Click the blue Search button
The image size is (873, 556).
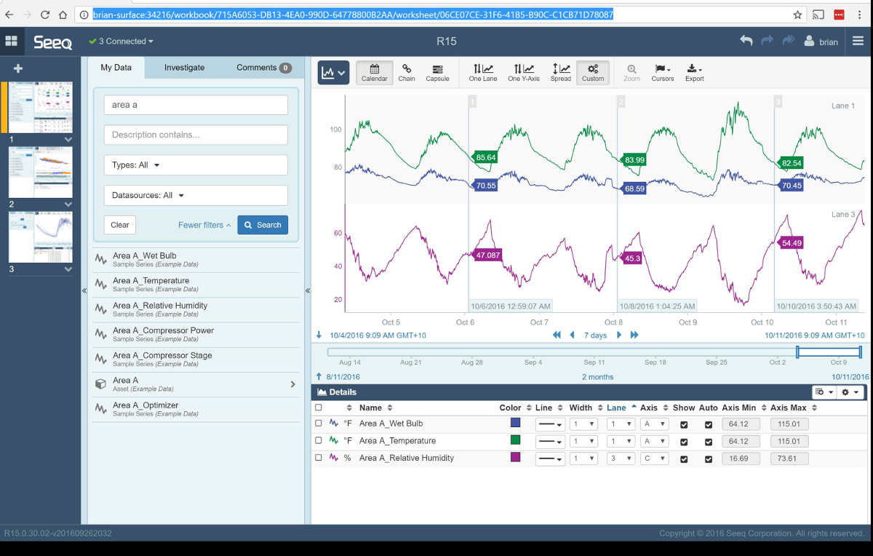263,225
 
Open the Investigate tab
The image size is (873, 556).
184,68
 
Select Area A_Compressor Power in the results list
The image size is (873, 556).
163,330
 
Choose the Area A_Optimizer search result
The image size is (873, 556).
145,405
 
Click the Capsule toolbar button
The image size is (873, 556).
437,73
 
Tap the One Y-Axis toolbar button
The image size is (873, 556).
524,73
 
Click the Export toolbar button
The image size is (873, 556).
695,73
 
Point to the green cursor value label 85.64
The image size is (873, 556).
485,157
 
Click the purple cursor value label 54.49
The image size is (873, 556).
791,243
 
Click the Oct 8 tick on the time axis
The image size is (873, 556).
613,322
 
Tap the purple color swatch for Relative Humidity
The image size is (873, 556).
515,457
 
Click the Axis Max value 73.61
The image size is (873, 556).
789,458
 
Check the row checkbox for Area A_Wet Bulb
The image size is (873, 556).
319,424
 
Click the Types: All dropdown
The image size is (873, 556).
196,165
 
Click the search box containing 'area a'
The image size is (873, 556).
196,105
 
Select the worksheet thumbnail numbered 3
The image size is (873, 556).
41,237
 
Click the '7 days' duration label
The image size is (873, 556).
596,335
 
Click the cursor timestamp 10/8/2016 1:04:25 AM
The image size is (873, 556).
657,306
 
